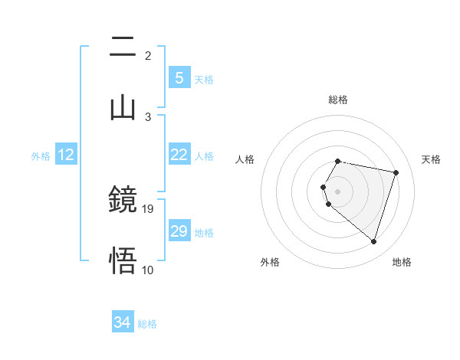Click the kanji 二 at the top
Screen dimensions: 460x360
point(123,47)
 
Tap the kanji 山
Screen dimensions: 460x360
point(123,108)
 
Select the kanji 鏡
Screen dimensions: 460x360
point(123,200)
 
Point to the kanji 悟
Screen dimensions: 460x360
point(123,261)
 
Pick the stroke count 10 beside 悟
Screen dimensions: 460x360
point(148,270)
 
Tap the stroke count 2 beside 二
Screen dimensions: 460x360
point(148,55)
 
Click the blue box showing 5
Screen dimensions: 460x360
point(179,78)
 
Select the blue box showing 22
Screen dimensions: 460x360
point(179,155)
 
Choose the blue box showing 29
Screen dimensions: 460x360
point(179,231)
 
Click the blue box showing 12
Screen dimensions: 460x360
point(65,155)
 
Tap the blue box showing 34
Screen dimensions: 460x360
point(122,323)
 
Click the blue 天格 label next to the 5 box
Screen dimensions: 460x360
point(203,79)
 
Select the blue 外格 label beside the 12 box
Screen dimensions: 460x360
point(41,155)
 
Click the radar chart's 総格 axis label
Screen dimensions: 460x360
point(338,100)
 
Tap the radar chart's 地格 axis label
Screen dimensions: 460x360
point(402,262)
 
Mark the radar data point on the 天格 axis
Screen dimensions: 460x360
point(396,172)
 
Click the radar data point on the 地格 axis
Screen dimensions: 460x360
point(373,241)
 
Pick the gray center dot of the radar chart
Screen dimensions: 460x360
point(338,191)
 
